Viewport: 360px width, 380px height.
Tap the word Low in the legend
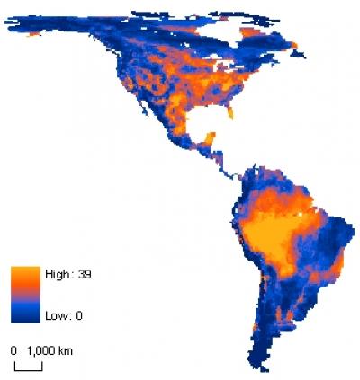coord(49,314)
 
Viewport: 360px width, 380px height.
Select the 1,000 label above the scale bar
coord(40,349)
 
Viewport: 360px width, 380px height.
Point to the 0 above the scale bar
coord(14,349)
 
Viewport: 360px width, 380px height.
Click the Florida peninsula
coord(232,112)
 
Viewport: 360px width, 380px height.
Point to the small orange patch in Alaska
coord(36,32)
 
